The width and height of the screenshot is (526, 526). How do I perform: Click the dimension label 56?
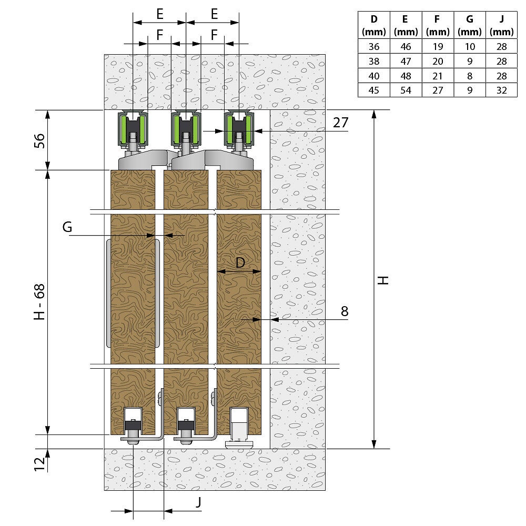coord(39,140)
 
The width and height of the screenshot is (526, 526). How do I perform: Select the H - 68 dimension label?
coord(39,301)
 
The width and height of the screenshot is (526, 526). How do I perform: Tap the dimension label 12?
coord(39,464)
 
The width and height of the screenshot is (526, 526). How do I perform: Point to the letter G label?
coord(67,227)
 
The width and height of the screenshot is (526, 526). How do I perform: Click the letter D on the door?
coord(240,262)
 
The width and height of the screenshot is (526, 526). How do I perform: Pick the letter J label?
coord(199,502)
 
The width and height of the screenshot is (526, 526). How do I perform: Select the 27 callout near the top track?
coord(340,123)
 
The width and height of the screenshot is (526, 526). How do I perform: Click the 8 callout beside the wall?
coord(345,311)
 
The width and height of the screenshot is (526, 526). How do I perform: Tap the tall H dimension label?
coord(383,280)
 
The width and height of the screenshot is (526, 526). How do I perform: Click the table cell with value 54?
coord(406,90)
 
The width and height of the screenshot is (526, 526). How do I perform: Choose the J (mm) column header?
coord(501,25)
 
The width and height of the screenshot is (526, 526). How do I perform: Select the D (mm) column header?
coord(373,25)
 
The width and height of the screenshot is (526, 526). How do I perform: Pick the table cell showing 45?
coord(373,90)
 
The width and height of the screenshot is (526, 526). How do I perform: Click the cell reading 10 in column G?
coord(470,46)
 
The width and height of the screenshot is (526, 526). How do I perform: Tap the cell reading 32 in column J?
coord(501,90)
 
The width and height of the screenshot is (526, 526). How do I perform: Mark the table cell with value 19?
coord(438,46)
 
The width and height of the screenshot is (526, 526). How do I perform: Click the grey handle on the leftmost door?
coord(108,293)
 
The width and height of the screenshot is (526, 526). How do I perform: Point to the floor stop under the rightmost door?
coord(238,428)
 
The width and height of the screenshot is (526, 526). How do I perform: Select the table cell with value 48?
coord(406,76)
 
